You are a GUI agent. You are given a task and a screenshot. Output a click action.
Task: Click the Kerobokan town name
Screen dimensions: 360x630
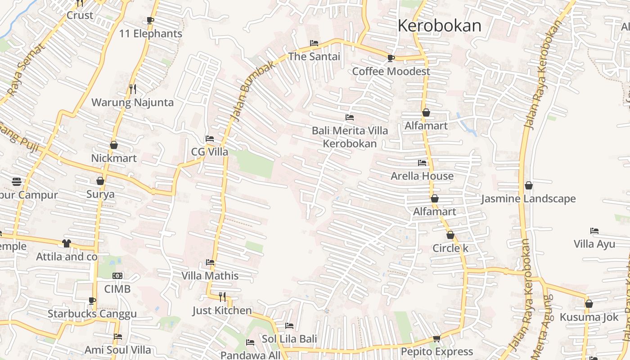coord(439,26)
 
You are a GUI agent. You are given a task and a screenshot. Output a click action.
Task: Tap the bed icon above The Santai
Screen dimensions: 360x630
coord(314,43)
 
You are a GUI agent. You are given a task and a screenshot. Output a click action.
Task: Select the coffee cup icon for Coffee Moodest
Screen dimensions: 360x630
coord(391,58)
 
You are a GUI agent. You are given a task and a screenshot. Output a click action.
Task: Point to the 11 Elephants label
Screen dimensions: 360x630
coord(150,34)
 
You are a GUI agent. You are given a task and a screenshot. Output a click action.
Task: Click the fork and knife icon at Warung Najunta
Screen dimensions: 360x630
coord(132,89)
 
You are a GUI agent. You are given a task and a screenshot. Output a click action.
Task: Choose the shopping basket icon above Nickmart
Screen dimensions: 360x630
coord(113,145)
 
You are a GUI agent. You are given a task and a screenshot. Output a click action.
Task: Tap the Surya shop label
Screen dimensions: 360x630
coord(100,194)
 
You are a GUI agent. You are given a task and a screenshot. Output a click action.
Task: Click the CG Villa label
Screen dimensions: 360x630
coord(210,152)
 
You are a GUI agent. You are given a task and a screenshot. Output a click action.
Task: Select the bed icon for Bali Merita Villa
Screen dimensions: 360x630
coord(349,117)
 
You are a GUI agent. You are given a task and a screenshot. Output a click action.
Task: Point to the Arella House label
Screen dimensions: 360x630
coord(422,176)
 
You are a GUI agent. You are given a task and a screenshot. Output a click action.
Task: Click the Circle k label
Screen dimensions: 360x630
coord(450,248)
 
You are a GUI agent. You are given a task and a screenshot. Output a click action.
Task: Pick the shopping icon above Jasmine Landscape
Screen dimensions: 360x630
coord(528,185)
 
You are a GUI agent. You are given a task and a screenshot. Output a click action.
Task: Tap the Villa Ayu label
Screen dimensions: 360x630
coord(594,244)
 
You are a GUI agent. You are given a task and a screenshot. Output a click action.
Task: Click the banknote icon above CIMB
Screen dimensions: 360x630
coord(117,275)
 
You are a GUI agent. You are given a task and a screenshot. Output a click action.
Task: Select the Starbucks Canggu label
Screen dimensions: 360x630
coord(92,314)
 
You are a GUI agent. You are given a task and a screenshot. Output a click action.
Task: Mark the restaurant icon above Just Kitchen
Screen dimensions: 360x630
coord(222,297)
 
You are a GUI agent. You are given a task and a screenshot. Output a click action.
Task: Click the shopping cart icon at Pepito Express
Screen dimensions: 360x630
coord(436,338)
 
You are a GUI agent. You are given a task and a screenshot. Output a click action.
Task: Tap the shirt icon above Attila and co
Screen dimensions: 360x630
coord(67,243)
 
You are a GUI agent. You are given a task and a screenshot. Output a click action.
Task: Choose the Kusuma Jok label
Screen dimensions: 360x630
coord(589,317)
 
